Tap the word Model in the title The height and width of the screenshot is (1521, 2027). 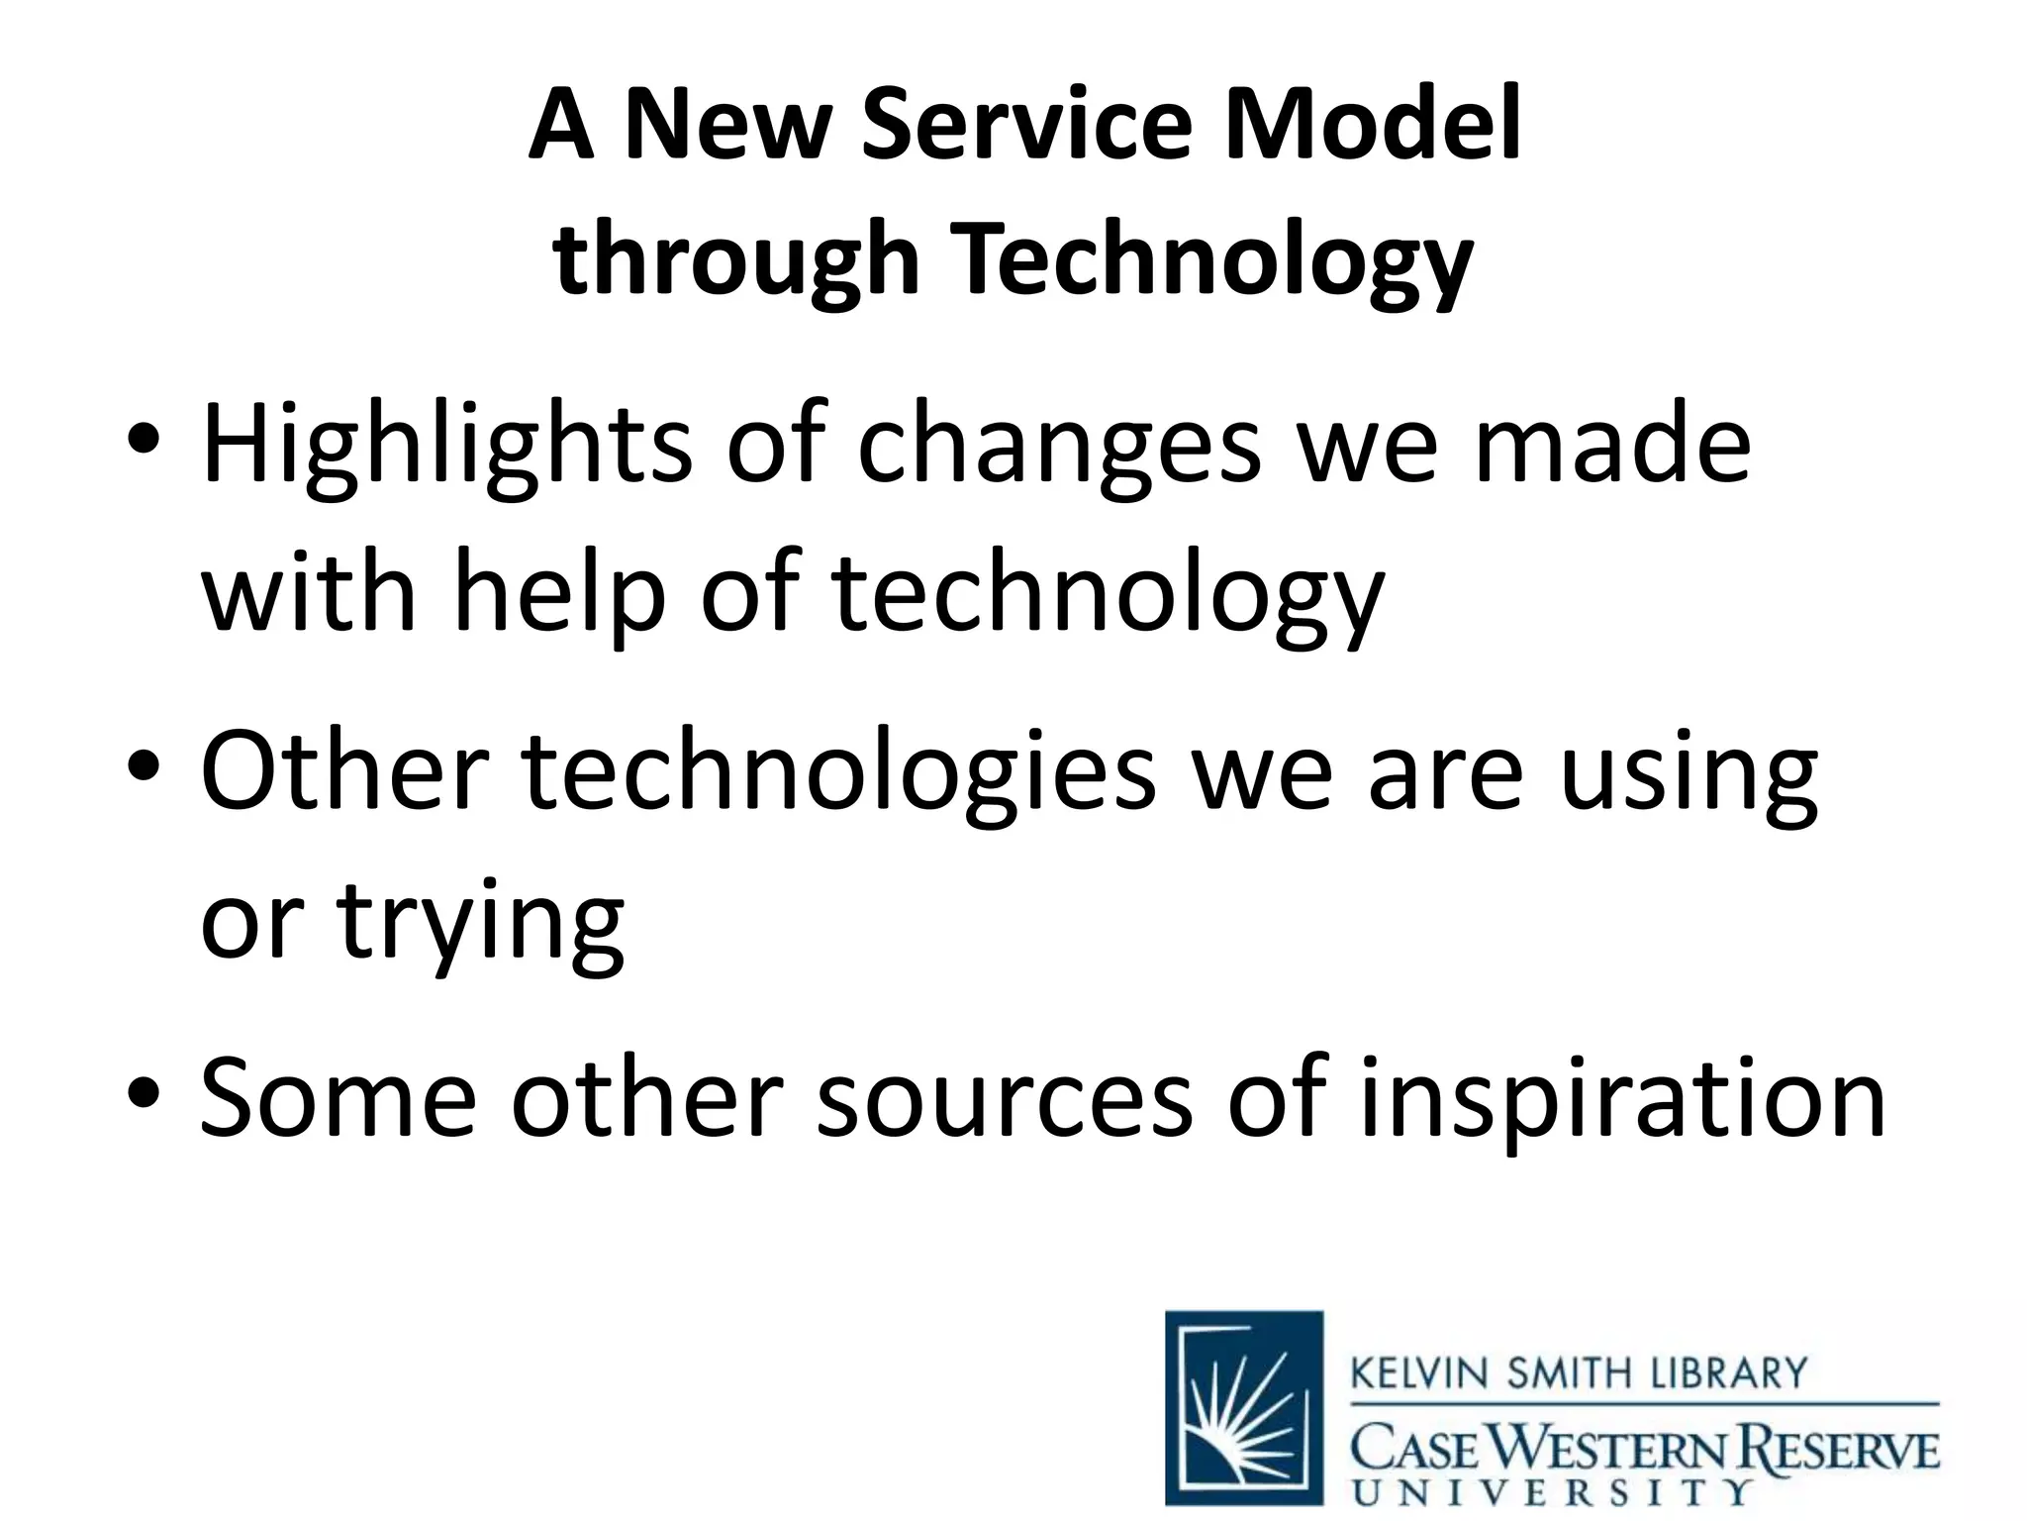coord(1372,126)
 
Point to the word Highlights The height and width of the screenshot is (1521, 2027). coord(446,448)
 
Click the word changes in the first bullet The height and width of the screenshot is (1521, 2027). coord(1058,448)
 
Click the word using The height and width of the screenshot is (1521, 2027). coord(1689,774)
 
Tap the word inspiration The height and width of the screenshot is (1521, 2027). coord(1623,1097)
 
